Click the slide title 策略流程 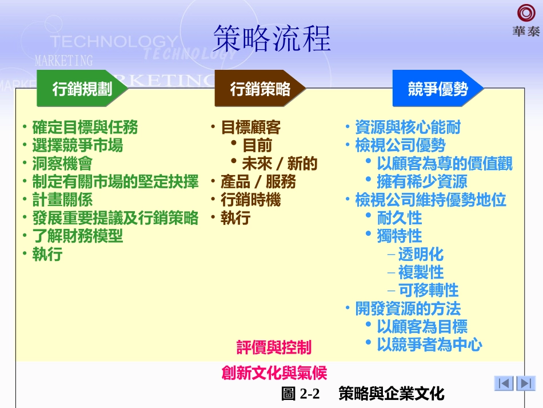point(271,39)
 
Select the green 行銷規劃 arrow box point(81,89)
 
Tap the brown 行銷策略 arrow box point(259,89)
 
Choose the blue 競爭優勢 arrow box point(437,89)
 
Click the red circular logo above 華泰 point(526,13)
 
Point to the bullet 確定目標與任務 point(85,127)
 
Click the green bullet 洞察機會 point(62,164)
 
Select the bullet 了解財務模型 point(77,236)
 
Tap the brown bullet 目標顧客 point(250,127)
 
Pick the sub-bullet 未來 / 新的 point(279,164)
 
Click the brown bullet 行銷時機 point(250,200)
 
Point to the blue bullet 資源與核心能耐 point(407,127)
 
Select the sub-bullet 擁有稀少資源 point(422,182)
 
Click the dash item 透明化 point(421,254)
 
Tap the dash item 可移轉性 point(428,290)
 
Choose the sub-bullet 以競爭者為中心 point(429,344)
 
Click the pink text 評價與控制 point(274,347)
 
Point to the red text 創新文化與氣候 point(274,373)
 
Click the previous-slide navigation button point(504,383)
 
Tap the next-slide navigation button point(525,383)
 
